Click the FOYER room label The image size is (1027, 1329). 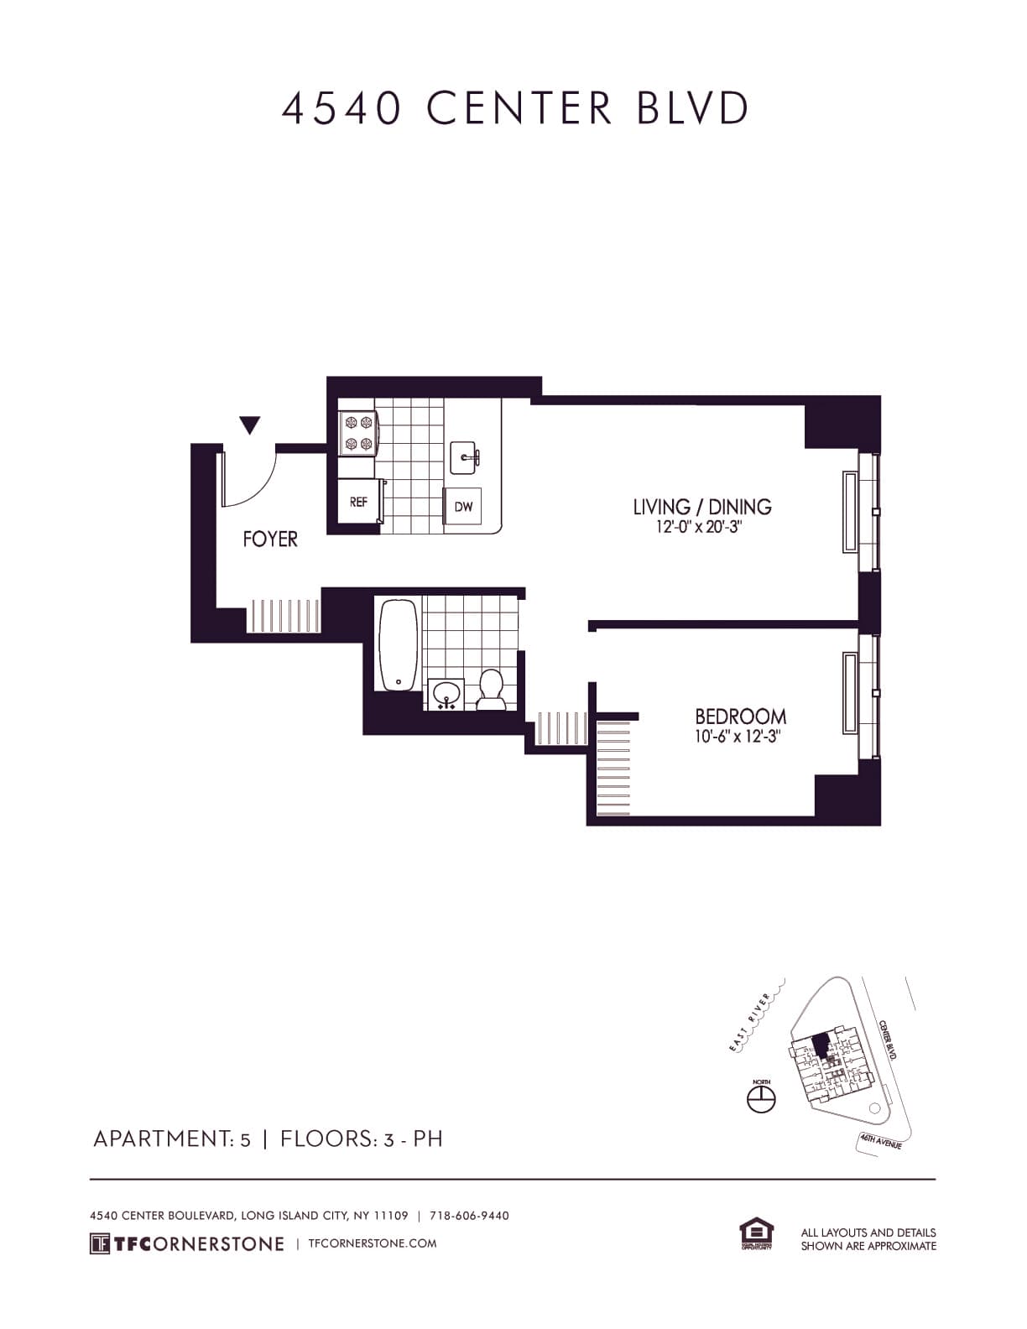[270, 539]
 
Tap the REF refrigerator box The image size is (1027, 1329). [358, 503]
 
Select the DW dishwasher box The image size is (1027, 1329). [463, 506]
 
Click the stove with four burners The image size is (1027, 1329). [357, 433]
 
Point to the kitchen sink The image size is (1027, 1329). [465, 458]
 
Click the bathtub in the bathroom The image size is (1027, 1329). [399, 644]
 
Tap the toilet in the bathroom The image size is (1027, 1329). [491, 690]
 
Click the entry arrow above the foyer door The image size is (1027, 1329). [249, 425]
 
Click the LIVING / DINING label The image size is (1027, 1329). [701, 507]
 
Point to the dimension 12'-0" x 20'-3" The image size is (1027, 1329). [701, 529]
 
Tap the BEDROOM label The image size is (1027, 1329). [740, 717]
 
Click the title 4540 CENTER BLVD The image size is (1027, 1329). [514, 108]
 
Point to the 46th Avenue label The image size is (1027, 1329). [880, 1141]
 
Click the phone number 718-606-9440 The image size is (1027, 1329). [469, 1216]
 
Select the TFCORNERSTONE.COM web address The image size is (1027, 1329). [373, 1243]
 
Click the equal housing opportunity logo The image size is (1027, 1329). [757, 1235]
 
